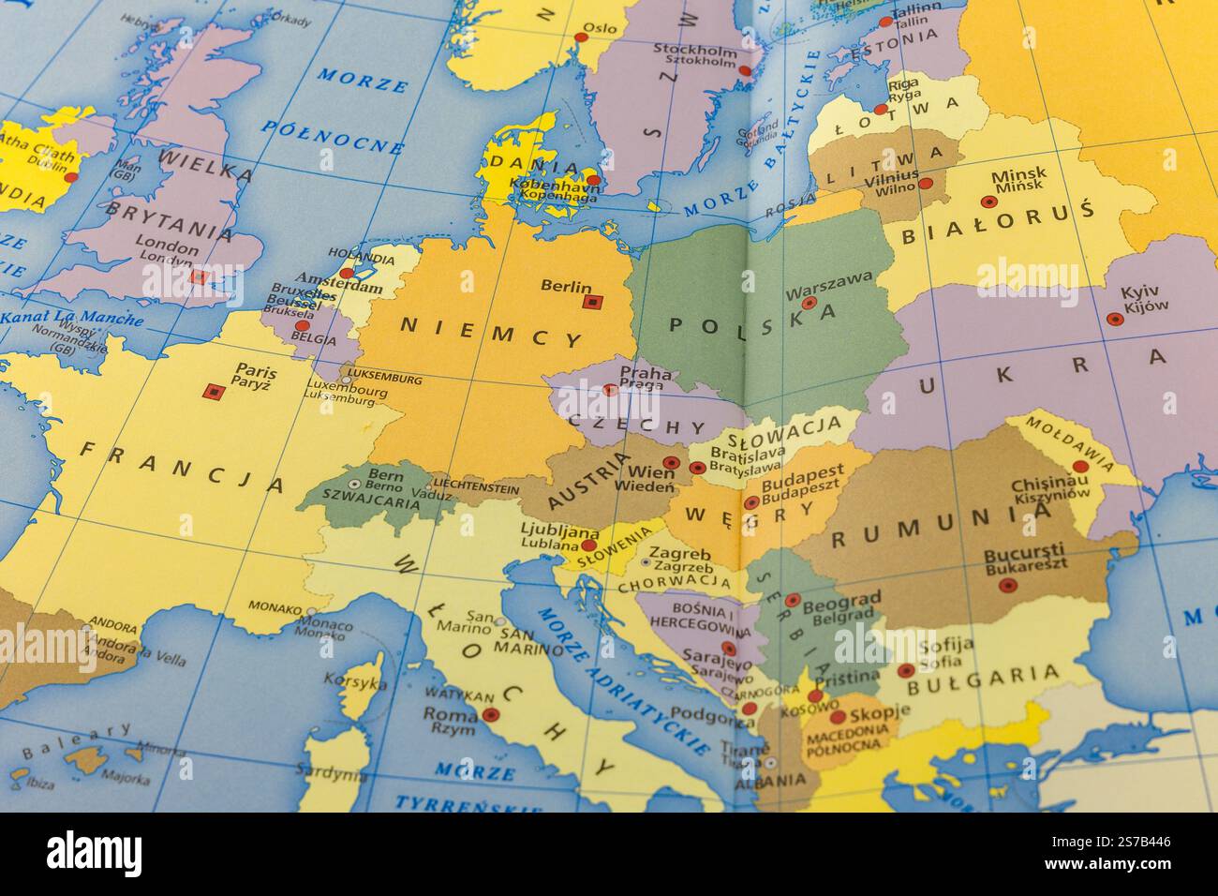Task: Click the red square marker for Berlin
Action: tap(590, 302)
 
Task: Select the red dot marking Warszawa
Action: tap(809, 303)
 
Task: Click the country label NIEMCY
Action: tap(493, 332)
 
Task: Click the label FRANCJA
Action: tap(181, 467)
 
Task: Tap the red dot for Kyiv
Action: tap(1114, 319)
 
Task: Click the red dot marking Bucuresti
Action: tap(1007, 585)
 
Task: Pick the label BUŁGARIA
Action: tap(996, 677)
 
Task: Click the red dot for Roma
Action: tap(491, 714)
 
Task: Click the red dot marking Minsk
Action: tap(987, 202)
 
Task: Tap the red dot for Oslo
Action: tap(581, 38)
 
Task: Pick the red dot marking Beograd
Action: tap(793, 600)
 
